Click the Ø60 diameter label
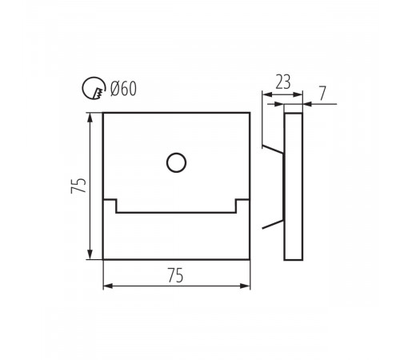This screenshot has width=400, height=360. (123, 89)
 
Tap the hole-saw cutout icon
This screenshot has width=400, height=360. (93, 88)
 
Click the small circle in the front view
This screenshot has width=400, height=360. (176, 162)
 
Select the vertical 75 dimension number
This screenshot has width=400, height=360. (78, 186)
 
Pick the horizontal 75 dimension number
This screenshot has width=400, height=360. (176, 275)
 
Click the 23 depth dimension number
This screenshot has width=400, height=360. (283, 82)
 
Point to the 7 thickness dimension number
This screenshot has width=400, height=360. (322, 94)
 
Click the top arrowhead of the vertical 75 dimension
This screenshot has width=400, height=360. (90, 118)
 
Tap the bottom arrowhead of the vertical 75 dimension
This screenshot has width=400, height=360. (90, 254)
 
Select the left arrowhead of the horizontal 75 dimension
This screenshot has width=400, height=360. (108, 286)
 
